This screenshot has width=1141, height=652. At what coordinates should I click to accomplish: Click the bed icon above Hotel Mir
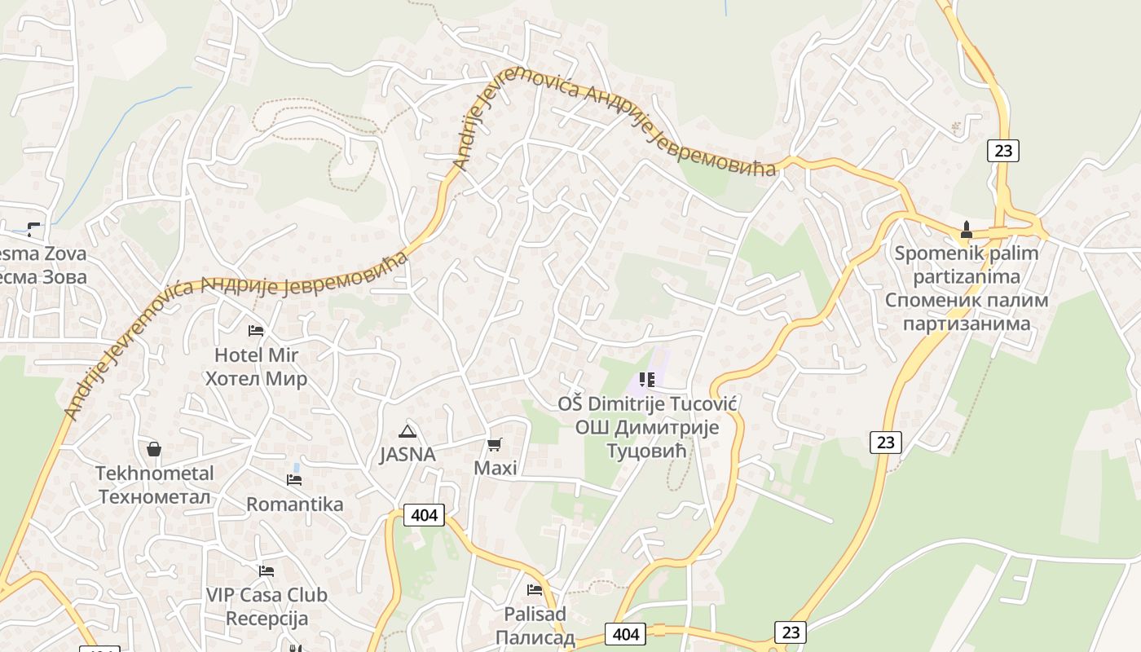click(x=256, y=331)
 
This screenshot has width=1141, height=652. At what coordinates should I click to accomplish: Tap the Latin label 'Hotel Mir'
click(x=256, y=355)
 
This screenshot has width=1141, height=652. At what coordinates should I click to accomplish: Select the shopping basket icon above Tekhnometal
click(x=153, y=449)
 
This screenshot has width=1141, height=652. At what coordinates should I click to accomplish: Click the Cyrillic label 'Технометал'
click(x=155, y=496)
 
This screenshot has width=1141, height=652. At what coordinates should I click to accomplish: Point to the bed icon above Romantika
click(x=294, y=480)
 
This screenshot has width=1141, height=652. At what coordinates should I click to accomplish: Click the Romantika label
click(x=295, y=504)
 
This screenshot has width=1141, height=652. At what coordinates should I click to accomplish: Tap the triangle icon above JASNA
click(x=407, y=430)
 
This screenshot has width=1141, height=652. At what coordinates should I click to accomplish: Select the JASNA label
click(x=407, y=455)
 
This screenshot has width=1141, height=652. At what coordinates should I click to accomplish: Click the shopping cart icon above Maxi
click(x=494, y=444)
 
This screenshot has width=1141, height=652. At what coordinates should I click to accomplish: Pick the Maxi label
click(x=496, y=469)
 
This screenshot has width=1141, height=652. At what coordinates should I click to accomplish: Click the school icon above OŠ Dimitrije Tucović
click(x=647, y=379)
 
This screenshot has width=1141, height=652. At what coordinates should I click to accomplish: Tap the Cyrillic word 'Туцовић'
click(x=648, y=451)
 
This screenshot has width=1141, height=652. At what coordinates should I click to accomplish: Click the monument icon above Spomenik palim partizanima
click(x=967, y=229)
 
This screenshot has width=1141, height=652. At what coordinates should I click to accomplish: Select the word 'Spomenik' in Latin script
click(x=932, y=253)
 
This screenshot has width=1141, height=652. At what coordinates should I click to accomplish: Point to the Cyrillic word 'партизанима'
click(x=967, y=324)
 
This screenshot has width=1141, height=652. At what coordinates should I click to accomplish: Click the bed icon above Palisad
click(x=535, y=589)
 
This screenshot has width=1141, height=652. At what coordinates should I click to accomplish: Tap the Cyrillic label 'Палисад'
click(x=535, y=637)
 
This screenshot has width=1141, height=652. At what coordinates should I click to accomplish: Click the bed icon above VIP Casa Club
click(x=266, y=570)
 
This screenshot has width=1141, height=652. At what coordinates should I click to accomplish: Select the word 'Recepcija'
click(x=267, y=619)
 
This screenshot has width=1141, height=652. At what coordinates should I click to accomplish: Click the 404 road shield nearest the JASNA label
click(x=425, y=515)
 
